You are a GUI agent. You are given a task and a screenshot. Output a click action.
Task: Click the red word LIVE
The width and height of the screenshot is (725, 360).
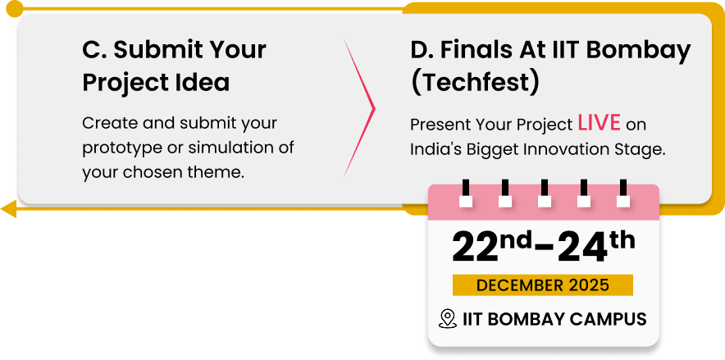tap(600, 123)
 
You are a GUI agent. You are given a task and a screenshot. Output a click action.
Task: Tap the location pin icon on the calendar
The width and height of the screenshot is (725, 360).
tap(448, 318)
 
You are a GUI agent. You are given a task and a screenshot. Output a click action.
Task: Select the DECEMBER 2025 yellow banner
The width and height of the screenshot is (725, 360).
tap(543, 285)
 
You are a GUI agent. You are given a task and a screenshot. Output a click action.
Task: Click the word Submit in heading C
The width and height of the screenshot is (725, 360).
tap(158, 50)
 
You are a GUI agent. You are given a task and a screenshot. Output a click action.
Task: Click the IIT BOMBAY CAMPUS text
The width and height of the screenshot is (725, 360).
tap(554, 318)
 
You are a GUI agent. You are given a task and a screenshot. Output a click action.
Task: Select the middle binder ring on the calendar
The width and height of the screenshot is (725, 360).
tap(545, 193)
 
